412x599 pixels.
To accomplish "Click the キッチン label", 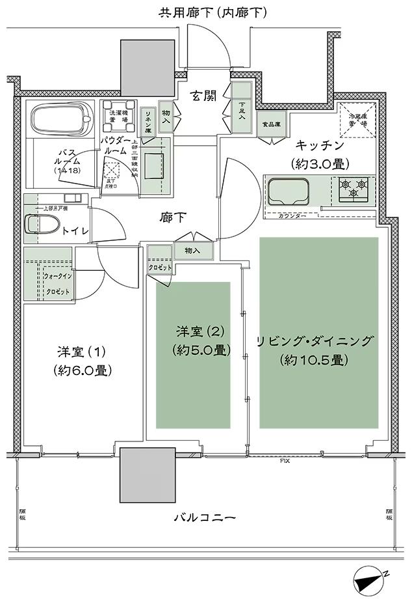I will coord(316,145).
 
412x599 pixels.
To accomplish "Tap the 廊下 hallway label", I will coord(172,219).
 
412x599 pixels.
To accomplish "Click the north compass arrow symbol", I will coord(370,578).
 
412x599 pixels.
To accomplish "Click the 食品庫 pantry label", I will coord(271,123).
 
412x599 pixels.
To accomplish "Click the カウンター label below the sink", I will coord(292,215).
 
